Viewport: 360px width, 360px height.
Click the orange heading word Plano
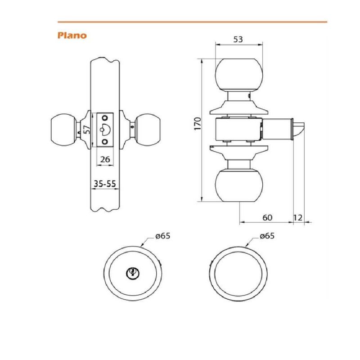pos(72,36)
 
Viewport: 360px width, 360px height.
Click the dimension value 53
pos(238,40)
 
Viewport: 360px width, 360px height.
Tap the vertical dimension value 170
pos(198,124)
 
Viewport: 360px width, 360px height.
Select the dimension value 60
pos(267,217)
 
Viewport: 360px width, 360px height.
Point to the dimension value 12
pos(298,217)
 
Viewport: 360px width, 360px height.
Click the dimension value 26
pos(105,159)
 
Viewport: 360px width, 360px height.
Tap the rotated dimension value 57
pos(87,130)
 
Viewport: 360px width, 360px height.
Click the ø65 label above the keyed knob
pos(163,236)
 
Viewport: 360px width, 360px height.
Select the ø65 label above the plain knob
pos(267,236)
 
